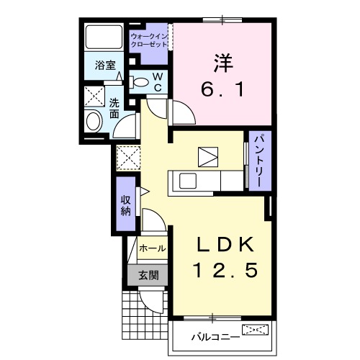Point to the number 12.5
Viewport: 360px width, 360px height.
[223, 271]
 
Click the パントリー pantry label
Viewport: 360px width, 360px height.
[256, 161]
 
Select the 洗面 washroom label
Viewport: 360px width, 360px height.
[115, 108]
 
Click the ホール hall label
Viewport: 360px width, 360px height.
[151, 248]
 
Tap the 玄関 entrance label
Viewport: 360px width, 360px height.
[149, 274]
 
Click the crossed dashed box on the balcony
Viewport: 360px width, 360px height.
[256, 330]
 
